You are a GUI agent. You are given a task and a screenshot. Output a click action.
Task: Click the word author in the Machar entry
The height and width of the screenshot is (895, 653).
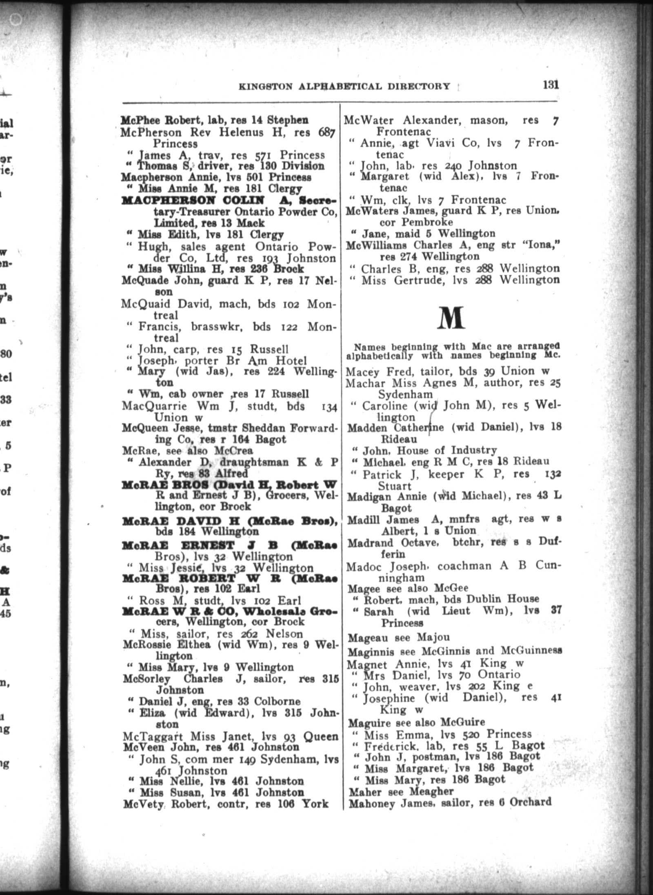tap(501, 383)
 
